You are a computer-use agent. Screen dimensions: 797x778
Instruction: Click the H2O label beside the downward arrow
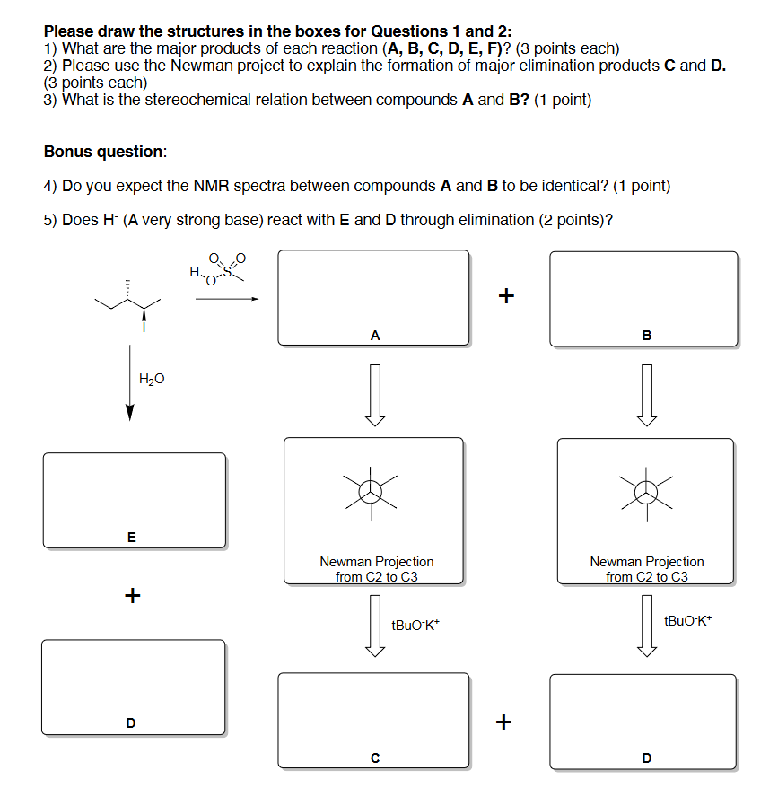click(x=152, y=380)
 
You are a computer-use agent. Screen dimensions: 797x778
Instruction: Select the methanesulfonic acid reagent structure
click(x=216, y=269)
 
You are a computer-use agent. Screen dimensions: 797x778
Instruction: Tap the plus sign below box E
click(x=132, y=594)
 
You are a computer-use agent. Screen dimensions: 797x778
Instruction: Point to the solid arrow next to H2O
click(x=130, y=386)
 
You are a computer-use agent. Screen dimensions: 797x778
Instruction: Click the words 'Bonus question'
click(x=104, y=152)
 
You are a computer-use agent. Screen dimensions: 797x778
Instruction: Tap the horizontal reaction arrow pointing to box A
click(x=226, y=300)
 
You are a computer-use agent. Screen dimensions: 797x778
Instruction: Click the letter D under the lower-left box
click(x=131, y=723)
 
